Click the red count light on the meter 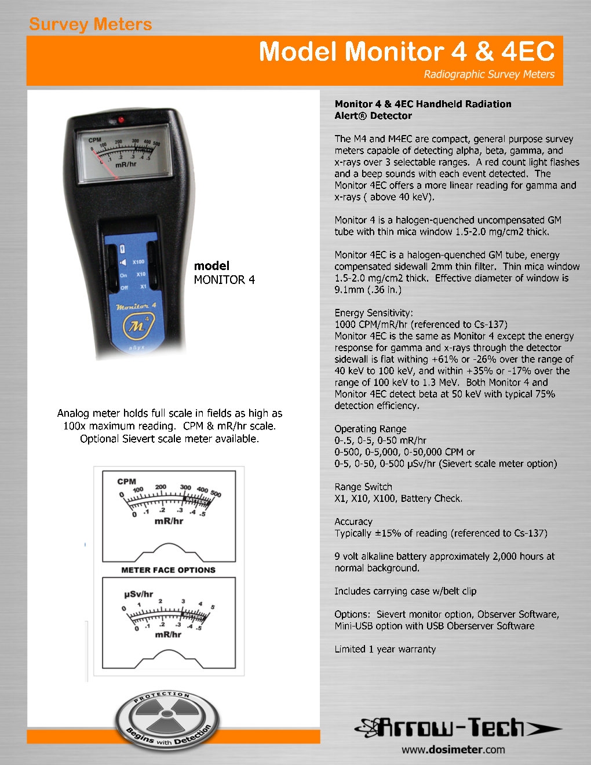[122, 120]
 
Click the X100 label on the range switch [138, 262]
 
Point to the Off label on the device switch [123, 288]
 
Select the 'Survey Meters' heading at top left [90, 24]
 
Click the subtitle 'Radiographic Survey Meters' [488, 74]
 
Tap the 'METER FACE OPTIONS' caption [168, 570]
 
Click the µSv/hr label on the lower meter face [138, 594]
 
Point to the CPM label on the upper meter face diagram [126, 481]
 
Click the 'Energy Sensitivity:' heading [373, 313]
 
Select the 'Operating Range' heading [370, 429]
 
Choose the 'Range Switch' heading [363, 487]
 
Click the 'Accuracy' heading [353, 522]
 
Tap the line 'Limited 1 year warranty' [385, 649]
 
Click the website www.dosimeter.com [453, 749]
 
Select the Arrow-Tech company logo [458, 727]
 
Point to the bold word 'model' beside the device [211, 266]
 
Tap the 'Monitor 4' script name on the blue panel [136, 306]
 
